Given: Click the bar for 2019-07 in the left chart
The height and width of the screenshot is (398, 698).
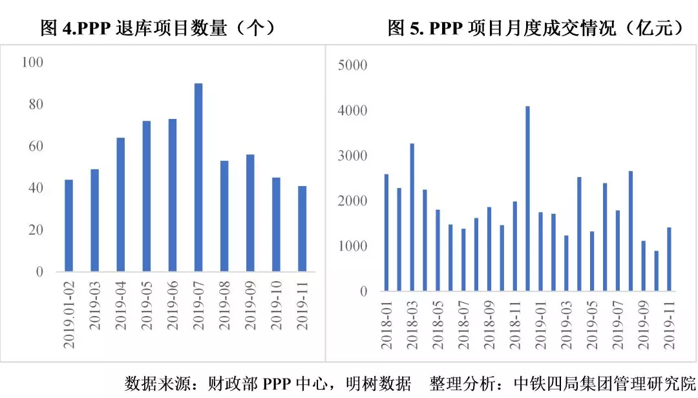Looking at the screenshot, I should tap(198, 178).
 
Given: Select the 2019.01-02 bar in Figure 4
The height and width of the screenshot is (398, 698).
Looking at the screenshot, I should tap(69, 225).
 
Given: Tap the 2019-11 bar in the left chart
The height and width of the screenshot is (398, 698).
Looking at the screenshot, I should tap(302, 229).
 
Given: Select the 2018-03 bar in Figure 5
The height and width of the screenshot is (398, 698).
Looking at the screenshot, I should tap(412, 217).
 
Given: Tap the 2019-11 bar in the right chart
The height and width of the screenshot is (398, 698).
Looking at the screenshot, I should tap(669, 259).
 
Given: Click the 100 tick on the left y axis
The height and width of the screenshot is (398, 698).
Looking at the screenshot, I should tap(32, 62).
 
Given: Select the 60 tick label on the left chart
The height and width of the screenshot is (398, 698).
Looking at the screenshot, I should tap(36, 146).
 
